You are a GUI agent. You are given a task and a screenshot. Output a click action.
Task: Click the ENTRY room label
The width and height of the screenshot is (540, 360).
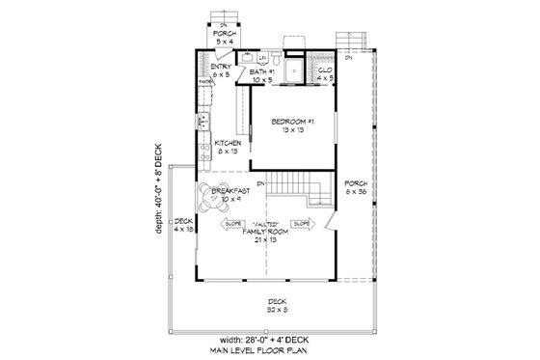tap(221, 68)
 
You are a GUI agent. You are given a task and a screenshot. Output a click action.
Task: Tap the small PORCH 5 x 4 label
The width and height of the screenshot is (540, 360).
tap(224, 36)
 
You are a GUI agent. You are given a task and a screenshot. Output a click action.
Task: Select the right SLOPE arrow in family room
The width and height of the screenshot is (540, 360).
tap(301, 224)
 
